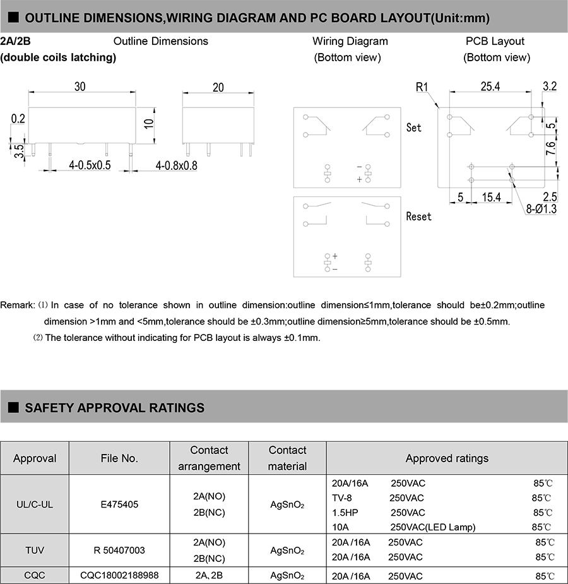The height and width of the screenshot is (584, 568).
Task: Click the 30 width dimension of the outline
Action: (x=80, y=87)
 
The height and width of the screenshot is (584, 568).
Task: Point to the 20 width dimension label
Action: (x=218, y=87)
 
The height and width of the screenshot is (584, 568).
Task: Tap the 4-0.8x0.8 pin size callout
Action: (x=177, y=165)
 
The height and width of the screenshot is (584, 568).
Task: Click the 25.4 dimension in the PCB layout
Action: (x=490, y=86)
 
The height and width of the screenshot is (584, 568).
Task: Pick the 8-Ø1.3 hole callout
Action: (x=542, y=209)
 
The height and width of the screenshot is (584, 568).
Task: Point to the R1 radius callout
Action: (x=422, y=87)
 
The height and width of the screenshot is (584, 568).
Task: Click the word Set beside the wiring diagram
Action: (x=414, y=128)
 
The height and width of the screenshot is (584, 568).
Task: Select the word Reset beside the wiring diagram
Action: (x=418, y=217)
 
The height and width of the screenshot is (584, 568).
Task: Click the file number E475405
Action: (x=119, y=504)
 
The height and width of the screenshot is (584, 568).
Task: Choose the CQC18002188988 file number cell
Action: (x=119, y=575)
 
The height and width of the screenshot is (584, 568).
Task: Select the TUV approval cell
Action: (x=35, y=550)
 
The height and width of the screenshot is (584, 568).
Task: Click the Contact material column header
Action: (x=287, y=458)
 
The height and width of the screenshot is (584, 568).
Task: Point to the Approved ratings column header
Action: (x=447, y=458)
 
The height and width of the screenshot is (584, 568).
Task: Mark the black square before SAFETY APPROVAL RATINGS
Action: (x=13, y=408)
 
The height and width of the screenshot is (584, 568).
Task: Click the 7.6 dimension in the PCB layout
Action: (x=550, y=149)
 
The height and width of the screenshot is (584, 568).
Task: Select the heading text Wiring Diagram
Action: (x=350, y=41)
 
